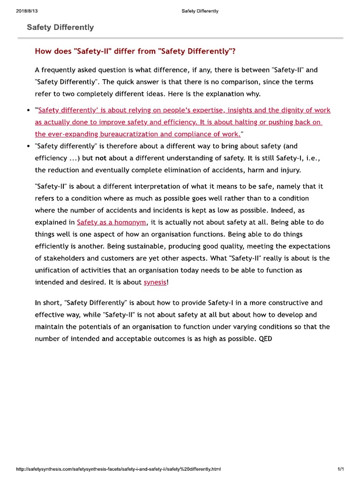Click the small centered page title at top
(200, 11)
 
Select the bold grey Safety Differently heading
(60, 27)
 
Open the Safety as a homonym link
(112, 222)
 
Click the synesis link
(155, 283)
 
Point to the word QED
(265, 338)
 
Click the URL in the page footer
(118, 469)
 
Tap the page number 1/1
(341, 469)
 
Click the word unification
(53, 270)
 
